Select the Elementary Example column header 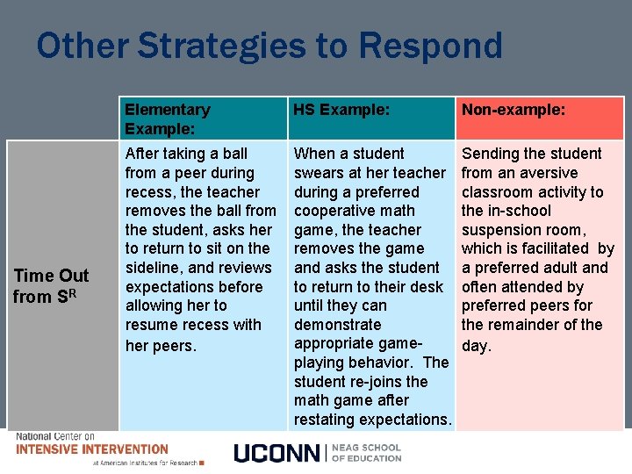click(168, 118)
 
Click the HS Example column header click(341, 110)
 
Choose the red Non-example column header click(513, 110)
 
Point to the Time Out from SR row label click(51, 286)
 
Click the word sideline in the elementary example click(156, 268)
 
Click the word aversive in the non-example click(546, 173)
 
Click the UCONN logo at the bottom click(277, 453)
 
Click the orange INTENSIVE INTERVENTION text click(92, 449)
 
